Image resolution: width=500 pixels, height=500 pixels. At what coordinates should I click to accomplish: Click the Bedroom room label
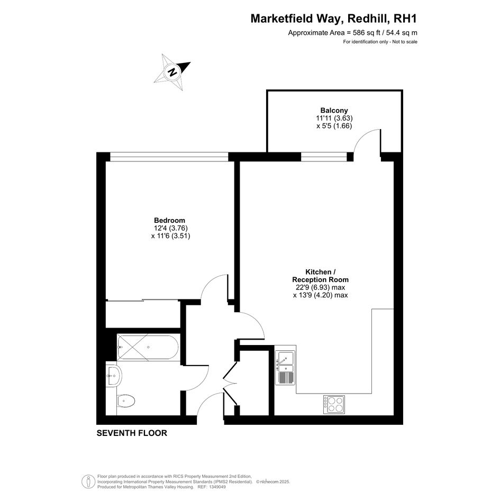coord(169,220)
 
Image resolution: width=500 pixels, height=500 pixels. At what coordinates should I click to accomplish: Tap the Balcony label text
coord(334,111)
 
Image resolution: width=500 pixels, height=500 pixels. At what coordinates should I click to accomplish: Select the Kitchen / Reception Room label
coord(321,276)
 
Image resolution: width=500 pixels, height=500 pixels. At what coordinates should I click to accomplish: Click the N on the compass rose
coord(172,72)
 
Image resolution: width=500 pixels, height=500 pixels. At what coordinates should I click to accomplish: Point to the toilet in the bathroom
coord(126,401)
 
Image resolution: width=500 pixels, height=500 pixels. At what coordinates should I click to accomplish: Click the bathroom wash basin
coord(113,376)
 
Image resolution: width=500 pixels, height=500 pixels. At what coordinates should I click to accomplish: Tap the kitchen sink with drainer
coord(285,367)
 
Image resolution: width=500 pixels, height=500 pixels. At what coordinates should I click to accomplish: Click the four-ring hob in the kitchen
coord(334,405)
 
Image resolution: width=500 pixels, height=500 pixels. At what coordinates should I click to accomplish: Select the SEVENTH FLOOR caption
coord(132,433)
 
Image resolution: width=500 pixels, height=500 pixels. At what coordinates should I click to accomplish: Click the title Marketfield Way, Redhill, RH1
coord(333,19)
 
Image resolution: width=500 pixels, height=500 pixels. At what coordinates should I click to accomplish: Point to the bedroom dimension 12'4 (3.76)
coord(170,229)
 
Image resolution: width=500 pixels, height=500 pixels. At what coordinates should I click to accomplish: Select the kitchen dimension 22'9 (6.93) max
coord(321,287)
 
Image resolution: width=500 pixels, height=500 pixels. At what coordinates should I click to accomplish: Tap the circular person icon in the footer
coord(88,481)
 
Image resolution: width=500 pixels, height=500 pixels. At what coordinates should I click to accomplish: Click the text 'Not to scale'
coord(405,42)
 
